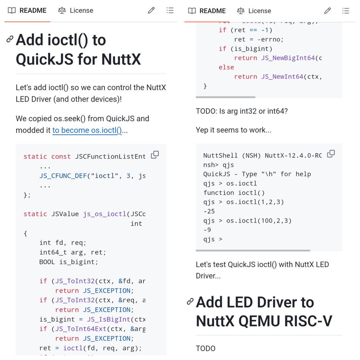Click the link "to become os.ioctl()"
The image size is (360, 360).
(87, 130)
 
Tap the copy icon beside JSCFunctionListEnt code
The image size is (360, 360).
(155, 155)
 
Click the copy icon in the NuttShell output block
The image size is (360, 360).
(331, 154)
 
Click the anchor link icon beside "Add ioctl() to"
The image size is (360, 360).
(10, 39)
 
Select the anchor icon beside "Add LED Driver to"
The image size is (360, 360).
(190, 301)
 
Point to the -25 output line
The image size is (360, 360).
(209, 211)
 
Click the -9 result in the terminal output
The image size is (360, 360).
(207, 230)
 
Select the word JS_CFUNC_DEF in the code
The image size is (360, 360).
(63, 176)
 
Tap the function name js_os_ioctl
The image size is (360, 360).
(105, 214)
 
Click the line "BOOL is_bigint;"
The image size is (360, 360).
(69, 262)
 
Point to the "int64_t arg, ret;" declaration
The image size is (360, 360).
(73, 252)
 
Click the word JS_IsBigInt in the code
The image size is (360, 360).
(109, 319)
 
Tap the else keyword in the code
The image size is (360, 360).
(226, 67)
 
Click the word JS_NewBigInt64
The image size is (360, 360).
(288, 58)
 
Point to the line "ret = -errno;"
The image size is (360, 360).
(259, 39)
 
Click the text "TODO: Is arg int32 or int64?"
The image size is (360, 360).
(242, 111)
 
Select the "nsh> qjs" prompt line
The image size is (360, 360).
(219, 165)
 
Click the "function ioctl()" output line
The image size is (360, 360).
(234, 193)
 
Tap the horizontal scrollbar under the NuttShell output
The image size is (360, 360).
(253, 250)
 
